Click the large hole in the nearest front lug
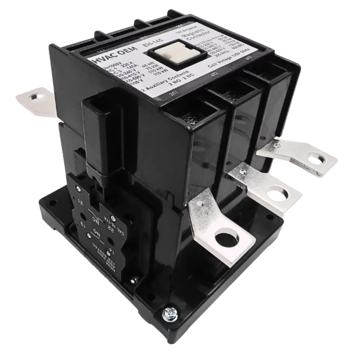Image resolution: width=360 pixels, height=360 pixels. click(224, 240)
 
